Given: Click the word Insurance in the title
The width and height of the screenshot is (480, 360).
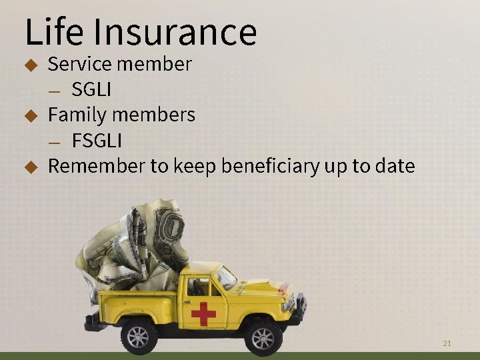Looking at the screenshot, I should point(175,31).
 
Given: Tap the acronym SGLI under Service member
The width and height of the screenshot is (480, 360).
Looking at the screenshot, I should point(91,89).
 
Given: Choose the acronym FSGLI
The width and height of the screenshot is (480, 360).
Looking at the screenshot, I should point(97,141).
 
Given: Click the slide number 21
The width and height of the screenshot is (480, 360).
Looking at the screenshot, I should point(447,343).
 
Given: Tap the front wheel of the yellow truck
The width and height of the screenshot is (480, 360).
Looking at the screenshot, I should point(263,337).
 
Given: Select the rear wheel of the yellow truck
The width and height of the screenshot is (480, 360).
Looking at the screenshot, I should point(139,335).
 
